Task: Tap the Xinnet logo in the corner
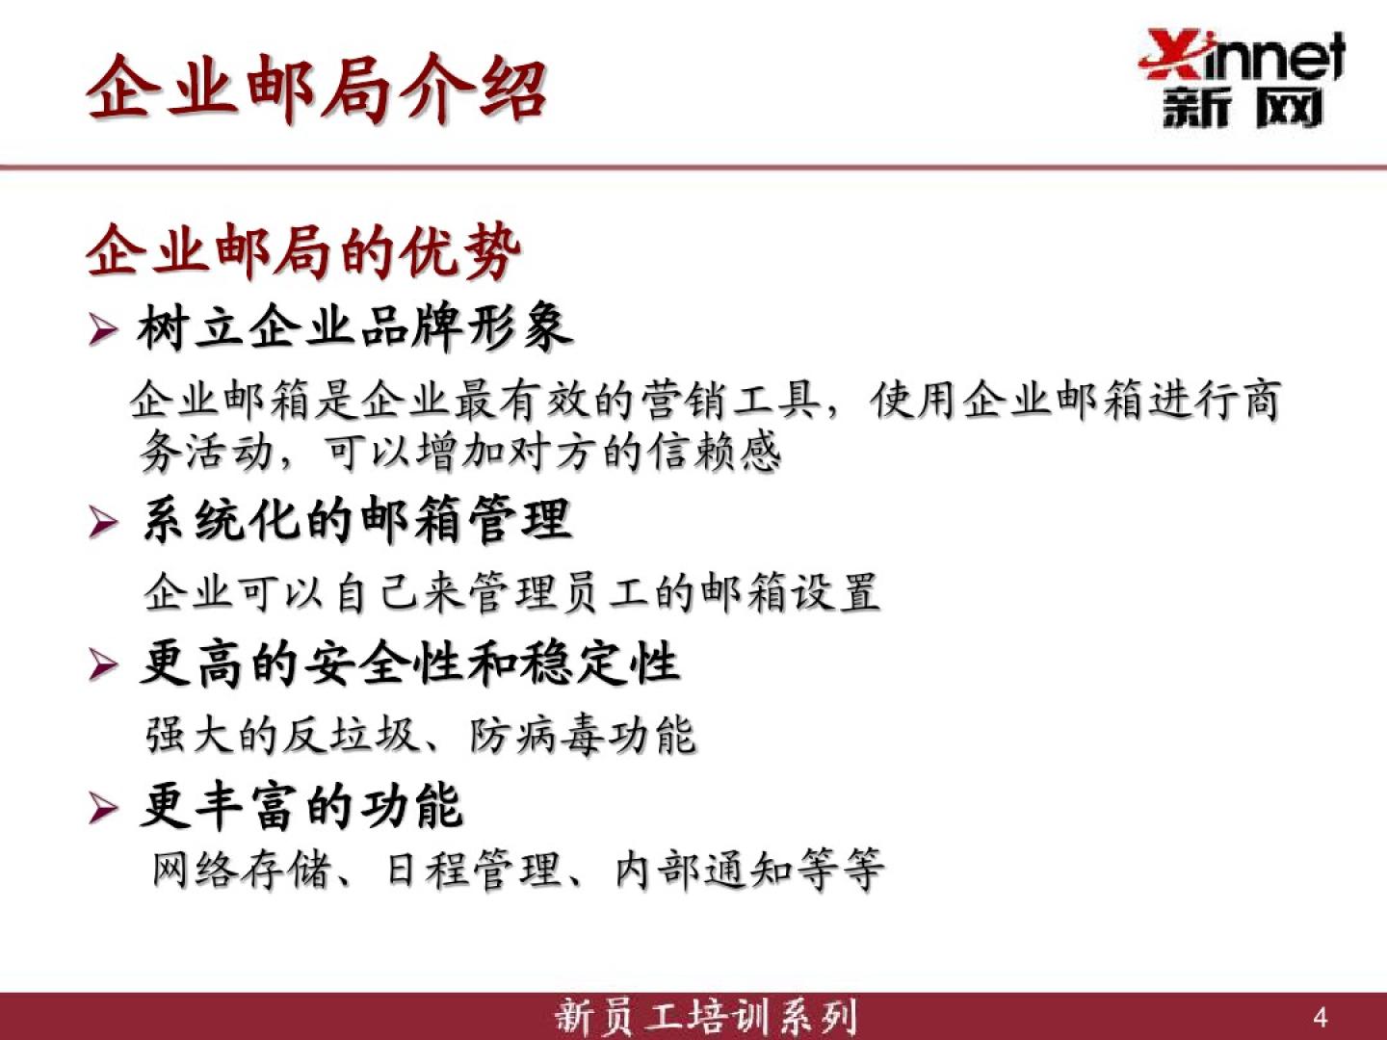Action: (1242, 79)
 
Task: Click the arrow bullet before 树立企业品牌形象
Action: (103, 330)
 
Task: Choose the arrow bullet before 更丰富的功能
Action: (103, 809)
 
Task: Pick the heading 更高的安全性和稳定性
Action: (410, 663)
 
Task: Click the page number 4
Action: (1321, 1018)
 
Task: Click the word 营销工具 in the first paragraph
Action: (730, 400)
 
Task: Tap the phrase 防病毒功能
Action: (583, 735)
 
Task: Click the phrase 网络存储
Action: (242, 871)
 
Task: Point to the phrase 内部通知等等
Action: (749, 871)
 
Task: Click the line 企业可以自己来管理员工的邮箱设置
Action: (511, 592)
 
